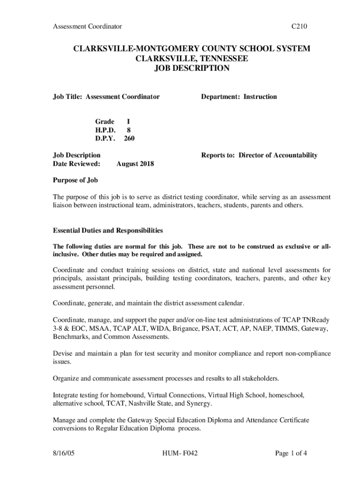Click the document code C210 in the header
pos(299,27)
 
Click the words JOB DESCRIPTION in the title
pos(192,68)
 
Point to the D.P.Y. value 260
pos(129,138)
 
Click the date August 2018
pos(135,164)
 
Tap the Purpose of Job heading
pos(75,180)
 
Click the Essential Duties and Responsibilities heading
pos(108,230)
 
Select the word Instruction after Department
pos(259,97)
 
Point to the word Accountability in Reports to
pos(293,155)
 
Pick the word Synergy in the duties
pos(199,403)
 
